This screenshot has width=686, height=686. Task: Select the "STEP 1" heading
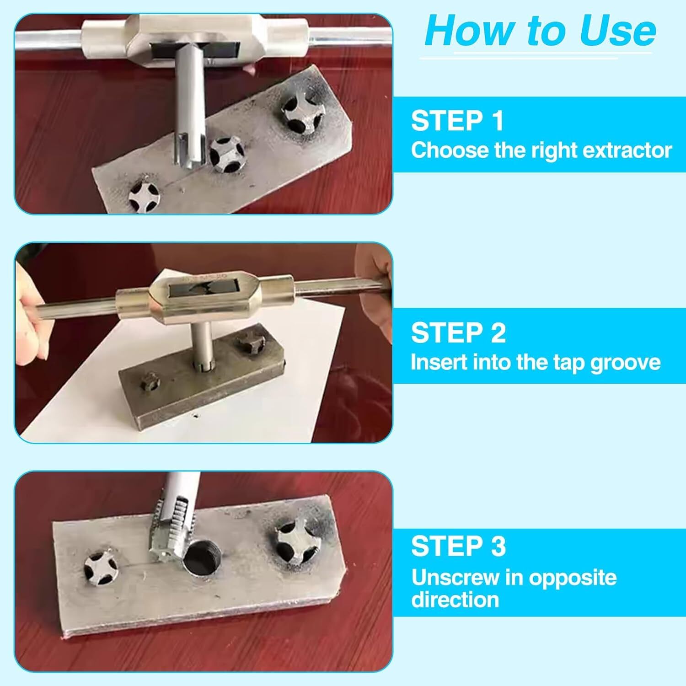coord(457,121)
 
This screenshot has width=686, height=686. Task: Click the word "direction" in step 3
coord(455,600)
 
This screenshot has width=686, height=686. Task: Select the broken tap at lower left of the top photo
coord(143,194)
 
